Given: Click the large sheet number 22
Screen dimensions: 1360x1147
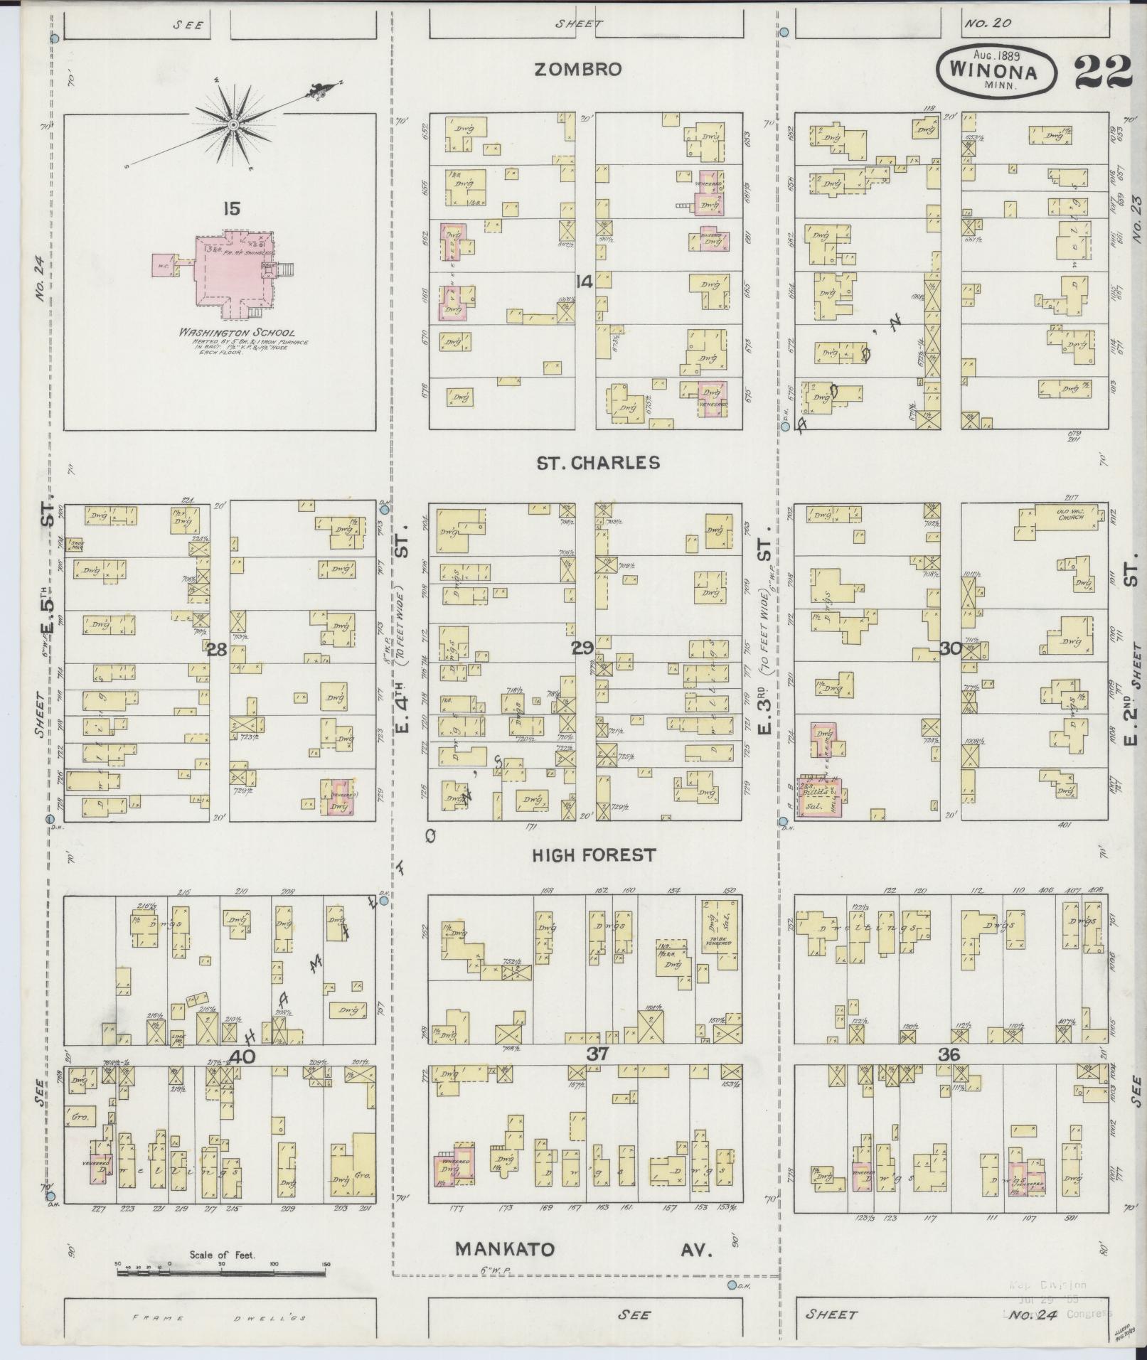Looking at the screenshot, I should tap(1103, 71).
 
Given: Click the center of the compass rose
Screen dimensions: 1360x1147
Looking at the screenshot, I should tap(233, 125).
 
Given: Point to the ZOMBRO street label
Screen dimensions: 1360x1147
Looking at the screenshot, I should tap(578, 70).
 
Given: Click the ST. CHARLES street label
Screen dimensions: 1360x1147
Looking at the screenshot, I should tap(598, 463).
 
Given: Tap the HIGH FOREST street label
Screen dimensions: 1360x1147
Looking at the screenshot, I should tap(594, 855).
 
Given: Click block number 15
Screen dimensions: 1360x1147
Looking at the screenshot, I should tap(230, 209).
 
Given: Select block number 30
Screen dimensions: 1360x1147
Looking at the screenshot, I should tap(950, 648).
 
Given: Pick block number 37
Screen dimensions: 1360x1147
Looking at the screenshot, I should tap(597, 1054).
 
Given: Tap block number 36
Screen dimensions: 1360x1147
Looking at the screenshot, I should tap(949, 1055).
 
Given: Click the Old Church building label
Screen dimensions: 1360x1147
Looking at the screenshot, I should tap(1067, 513).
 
